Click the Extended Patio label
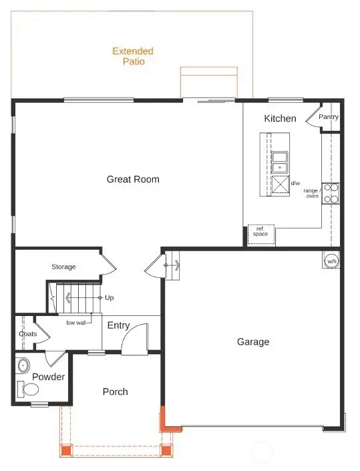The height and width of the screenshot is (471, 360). coord(133,56)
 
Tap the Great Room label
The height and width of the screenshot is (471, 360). coord(133,179)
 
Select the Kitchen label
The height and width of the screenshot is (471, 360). coord(280,119)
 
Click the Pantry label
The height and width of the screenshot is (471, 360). coord(329,117)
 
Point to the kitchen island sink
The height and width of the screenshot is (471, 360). coord(280,162)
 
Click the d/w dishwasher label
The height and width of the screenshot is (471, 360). coord(295,183)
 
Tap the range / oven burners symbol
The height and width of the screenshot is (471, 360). coord(331,193)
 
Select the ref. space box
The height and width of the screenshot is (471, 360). coord(260,232)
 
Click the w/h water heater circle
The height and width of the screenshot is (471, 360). coord(331,261)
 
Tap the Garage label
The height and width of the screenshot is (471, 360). coord(253,342)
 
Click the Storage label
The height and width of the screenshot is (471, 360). coord(63,267)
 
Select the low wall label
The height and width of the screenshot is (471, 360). coord(75,323)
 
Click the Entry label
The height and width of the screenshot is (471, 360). coord(118,325)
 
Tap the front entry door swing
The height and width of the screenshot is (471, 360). coord(136,337)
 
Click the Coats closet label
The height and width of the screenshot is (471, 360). coord(27,333)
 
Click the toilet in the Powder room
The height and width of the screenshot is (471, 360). coord(29,389)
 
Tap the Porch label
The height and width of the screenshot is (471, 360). coord(115,391)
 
